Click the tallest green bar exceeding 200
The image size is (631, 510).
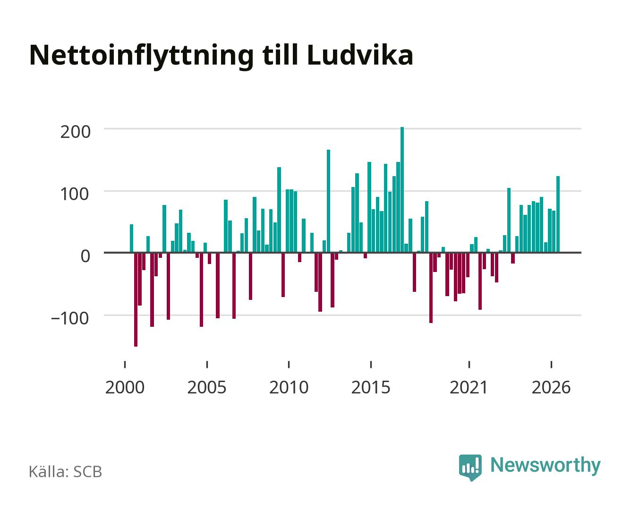point(402,189)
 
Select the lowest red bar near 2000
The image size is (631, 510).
point(136,299)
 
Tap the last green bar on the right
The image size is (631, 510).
point(558,214)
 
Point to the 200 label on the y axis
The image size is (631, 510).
point(75,132)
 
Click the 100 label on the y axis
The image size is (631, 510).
point(74,194)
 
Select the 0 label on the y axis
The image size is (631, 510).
point(85,256)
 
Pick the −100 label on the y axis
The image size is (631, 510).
point(70,318)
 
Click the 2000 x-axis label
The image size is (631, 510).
point(125,387)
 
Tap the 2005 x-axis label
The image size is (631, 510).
point(207,387)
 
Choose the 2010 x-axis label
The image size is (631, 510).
point(289,387)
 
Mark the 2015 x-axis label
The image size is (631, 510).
point(371,387)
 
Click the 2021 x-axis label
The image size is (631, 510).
point(469,387)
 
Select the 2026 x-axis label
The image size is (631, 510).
point(551,387)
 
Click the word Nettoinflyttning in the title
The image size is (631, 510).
point(142,57)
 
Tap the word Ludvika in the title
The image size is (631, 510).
point(360,55)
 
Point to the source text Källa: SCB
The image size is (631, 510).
point(66,472)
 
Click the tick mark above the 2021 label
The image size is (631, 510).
point(469,365)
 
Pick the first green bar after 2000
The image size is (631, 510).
point(131,238)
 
